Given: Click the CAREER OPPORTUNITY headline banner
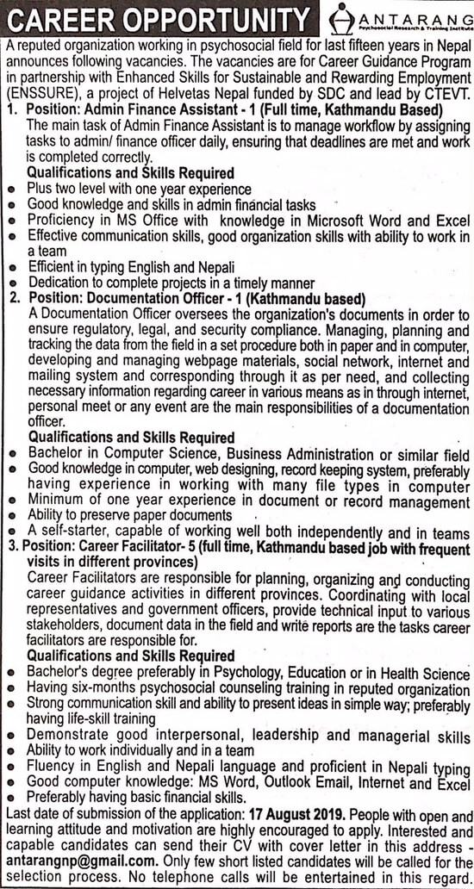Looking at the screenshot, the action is tap(157, 18).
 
